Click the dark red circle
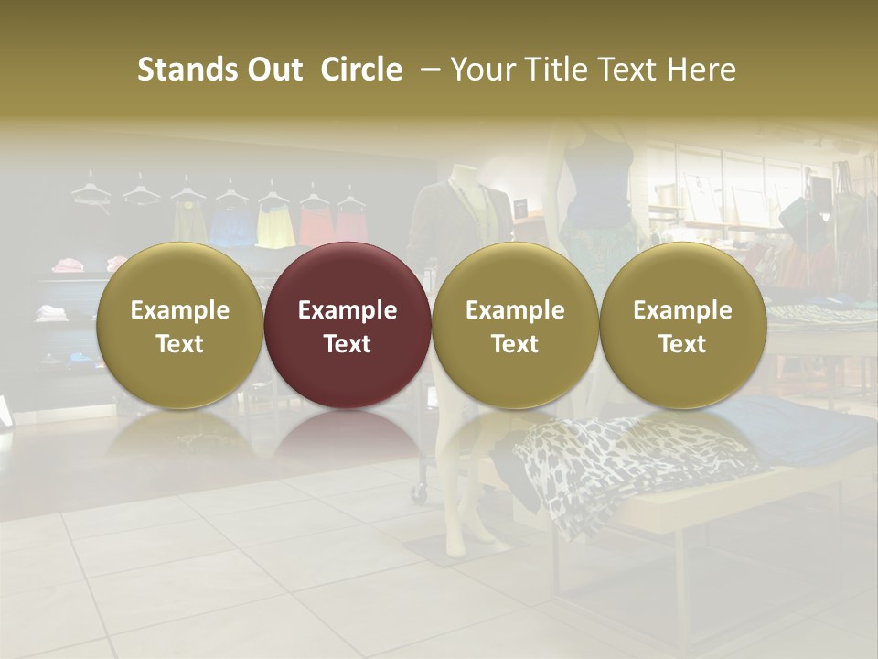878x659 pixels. point(348,325)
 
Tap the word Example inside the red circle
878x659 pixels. point(348,310)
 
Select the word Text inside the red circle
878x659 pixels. point(348,344)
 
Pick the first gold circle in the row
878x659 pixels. point(180,325)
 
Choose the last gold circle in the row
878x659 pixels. point(683,325)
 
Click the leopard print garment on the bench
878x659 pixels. point(622,462)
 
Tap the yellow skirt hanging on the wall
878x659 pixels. point(274,226)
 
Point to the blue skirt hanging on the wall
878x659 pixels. point(230,226)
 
